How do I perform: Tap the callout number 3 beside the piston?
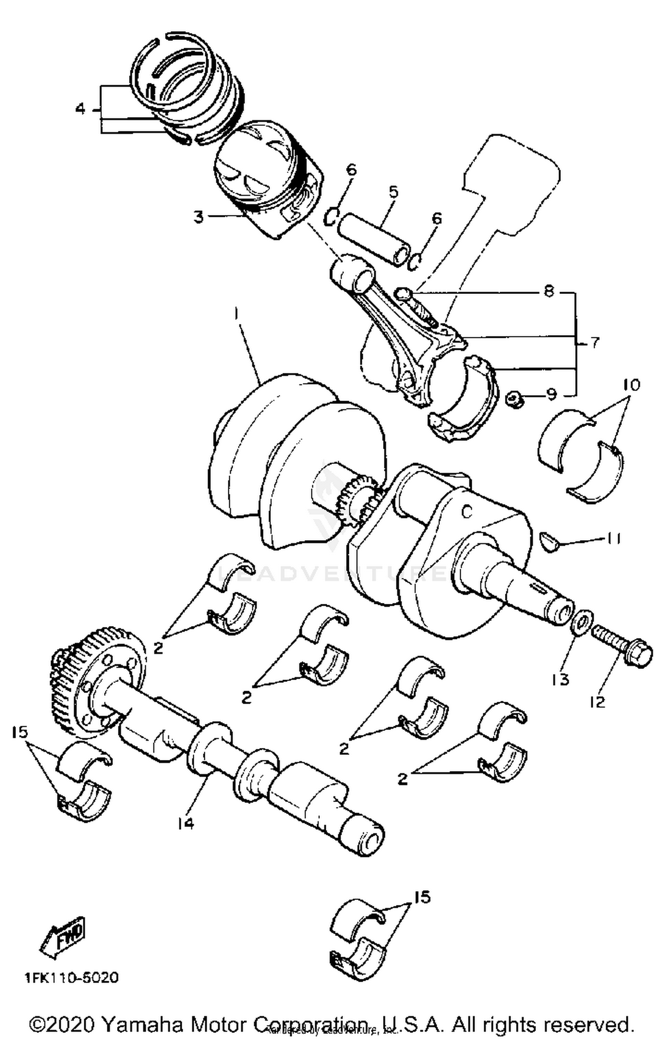[x=198, y=217]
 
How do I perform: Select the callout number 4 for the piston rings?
[x=80, y=109]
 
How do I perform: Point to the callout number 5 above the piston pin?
[x=393, y=192]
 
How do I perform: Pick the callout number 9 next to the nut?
[x=551, y=394]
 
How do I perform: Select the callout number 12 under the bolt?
[x=598, y=702]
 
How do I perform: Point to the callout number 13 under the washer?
[x=560, y=679]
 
